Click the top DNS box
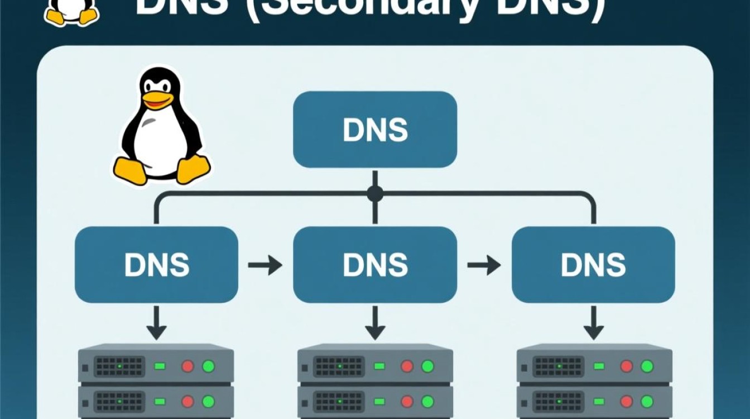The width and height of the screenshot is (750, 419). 375,130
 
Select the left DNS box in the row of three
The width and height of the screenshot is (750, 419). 156,264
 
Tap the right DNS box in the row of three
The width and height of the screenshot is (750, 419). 593,264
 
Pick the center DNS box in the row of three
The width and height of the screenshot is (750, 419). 375,264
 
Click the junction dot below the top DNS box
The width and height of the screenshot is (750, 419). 375,194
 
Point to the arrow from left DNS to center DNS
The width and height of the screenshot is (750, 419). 265,265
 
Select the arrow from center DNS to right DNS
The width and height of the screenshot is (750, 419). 484,265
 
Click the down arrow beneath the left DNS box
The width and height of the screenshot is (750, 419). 156,323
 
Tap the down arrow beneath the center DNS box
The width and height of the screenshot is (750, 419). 375,323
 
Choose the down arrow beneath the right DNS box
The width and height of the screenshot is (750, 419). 593,323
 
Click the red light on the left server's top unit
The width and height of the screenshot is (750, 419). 187,366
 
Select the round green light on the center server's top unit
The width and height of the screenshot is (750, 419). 427,366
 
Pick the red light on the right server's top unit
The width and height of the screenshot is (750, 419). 626,366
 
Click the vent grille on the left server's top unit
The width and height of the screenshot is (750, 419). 119,366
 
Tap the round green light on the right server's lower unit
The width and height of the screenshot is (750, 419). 647,402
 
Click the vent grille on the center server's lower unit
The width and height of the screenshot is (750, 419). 339,402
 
